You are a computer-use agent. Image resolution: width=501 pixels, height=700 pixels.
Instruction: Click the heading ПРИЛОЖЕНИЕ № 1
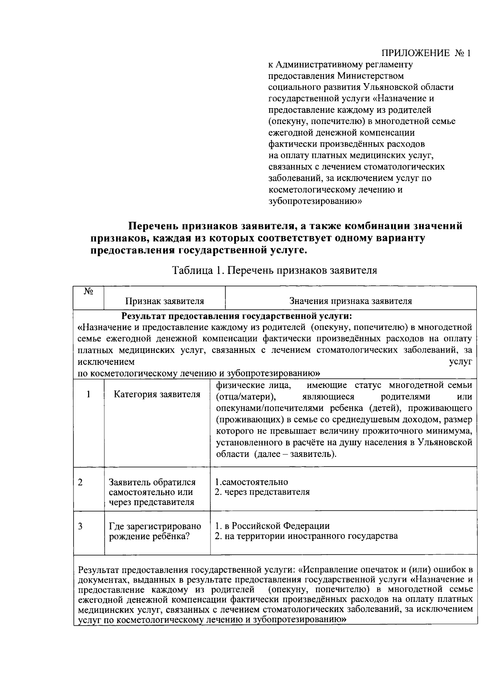[426, 54]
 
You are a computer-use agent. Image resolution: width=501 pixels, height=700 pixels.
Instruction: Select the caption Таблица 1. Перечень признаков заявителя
[275, 270]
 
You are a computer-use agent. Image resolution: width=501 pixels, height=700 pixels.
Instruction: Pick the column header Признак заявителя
[165, 301]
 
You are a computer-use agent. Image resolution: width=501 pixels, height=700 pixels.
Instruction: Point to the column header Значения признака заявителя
[351, 301]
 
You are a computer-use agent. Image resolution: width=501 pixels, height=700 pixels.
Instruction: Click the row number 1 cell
[89, 394]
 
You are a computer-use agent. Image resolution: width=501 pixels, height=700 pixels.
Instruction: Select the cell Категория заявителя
[157, 394]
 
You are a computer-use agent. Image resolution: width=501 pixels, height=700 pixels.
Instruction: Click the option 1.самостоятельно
[251, 482]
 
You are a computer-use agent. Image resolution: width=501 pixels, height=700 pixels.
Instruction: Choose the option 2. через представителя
[262, 492]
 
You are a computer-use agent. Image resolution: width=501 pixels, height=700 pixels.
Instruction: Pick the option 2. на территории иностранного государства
[306, 536]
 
